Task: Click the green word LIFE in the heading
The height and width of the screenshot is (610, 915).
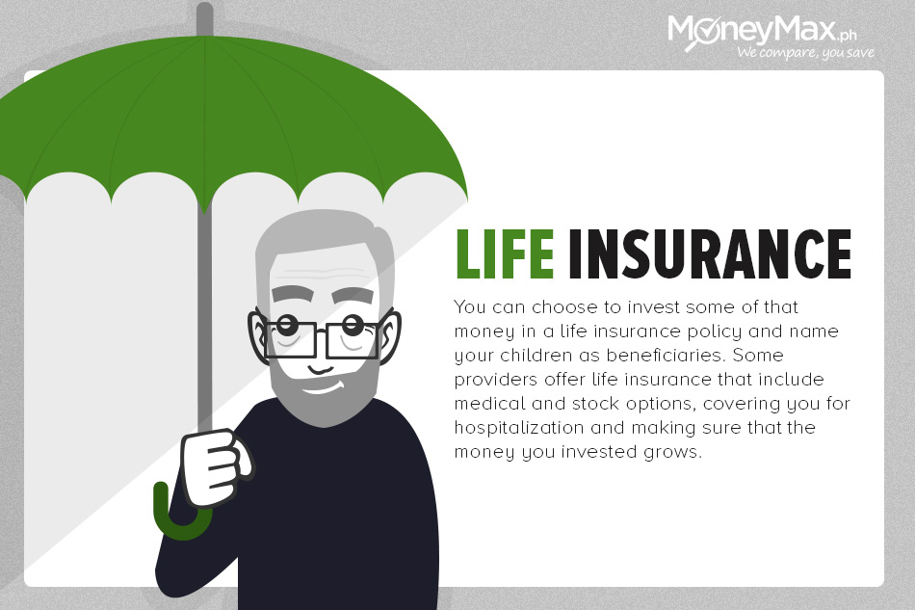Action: [504, 253]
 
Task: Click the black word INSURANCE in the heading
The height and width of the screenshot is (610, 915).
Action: [710, 253]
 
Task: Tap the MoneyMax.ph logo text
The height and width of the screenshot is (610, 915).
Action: [762, 29]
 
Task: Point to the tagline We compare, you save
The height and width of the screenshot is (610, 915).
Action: [805, 53]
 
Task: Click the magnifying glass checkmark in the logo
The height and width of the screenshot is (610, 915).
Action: [702, 34]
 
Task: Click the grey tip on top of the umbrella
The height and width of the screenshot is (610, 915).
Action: [204, 18]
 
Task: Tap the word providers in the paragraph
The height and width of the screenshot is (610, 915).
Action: [495, 380]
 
